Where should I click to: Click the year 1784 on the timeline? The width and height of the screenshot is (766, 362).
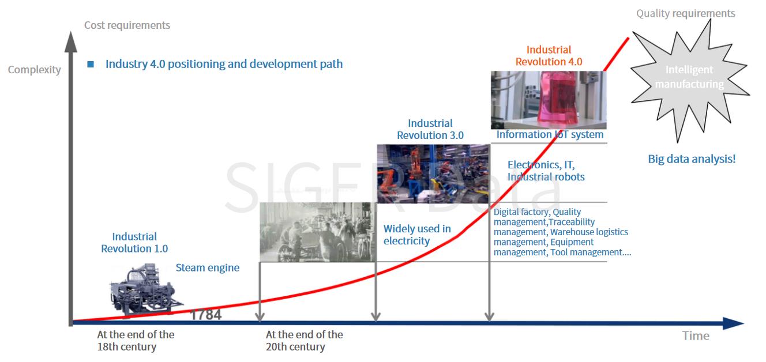(205, 315)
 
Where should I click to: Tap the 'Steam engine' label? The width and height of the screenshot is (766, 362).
(207, 267)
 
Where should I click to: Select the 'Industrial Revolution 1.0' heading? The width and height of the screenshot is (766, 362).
(134, 242)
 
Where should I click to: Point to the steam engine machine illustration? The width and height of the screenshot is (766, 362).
(146, 289)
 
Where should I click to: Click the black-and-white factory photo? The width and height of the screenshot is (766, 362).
(318, 232)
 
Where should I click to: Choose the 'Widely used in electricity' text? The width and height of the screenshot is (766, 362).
(417, 235)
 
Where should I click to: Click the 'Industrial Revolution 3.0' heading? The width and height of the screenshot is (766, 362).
(430, 129)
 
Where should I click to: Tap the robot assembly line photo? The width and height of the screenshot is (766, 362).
(433, 174)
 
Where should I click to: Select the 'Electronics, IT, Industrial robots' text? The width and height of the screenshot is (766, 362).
(546, 171)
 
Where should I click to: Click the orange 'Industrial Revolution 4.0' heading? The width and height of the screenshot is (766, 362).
(549, 56)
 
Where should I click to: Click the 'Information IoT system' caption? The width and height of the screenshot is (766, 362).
(550, 134)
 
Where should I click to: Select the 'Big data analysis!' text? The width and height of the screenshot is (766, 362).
(692, 159)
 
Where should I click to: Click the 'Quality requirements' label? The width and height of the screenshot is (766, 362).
(685, 13)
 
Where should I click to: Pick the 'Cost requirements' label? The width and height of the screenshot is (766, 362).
(127, 25)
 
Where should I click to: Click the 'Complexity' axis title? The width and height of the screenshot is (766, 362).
(34, 70)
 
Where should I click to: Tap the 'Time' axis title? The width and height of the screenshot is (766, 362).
(696, 335)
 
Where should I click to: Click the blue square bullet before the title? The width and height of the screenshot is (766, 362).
(91, 64)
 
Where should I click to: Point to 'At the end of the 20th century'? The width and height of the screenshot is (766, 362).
(304, 341)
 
